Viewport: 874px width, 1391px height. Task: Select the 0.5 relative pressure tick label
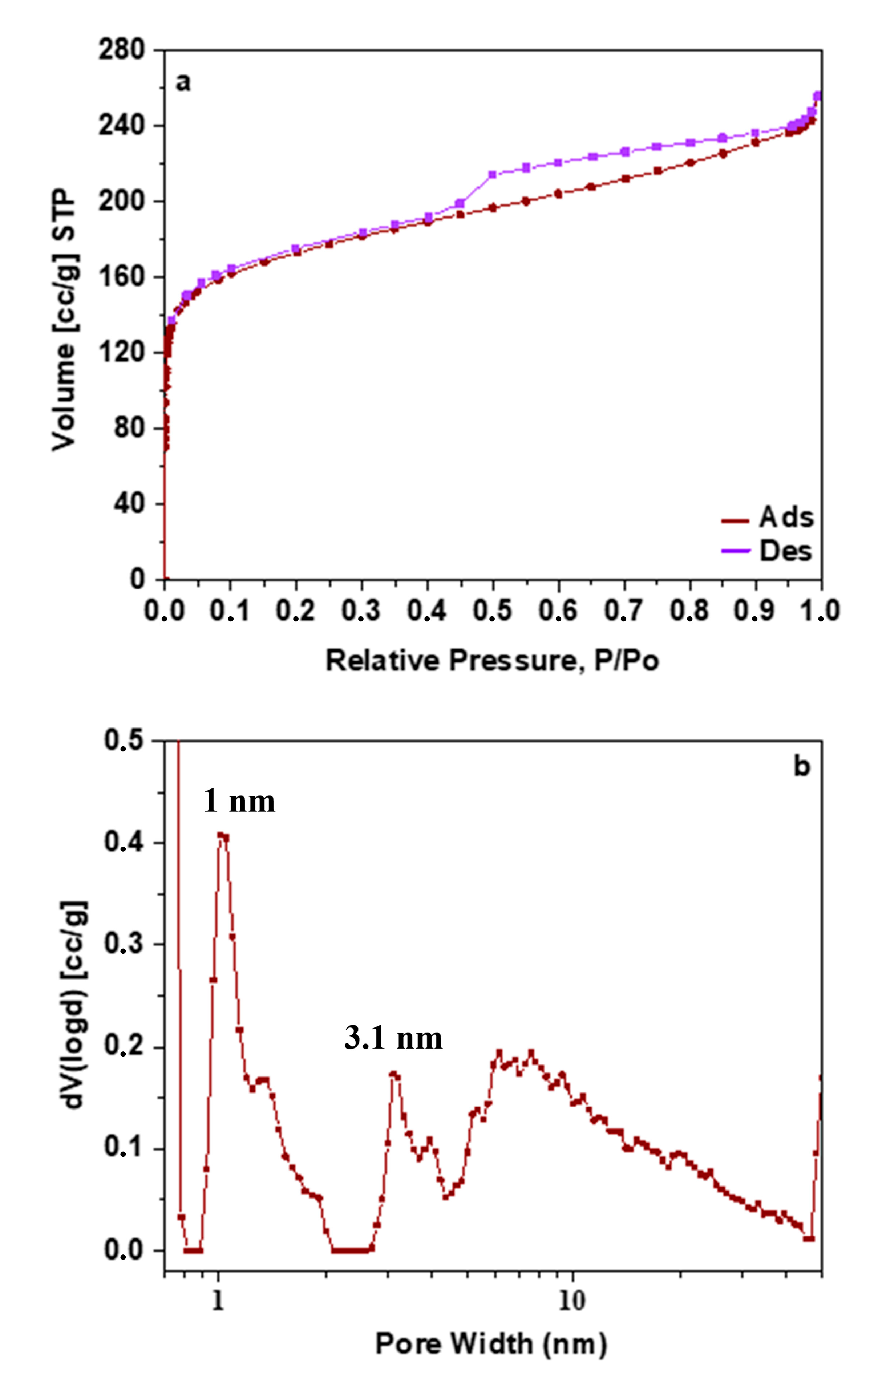[491, 611]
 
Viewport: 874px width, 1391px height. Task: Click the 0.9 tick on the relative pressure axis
[754, 611]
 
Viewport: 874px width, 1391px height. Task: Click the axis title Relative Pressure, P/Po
[492, 660]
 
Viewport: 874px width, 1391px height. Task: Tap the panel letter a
[183, 82]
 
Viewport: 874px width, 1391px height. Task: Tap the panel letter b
[802, 767]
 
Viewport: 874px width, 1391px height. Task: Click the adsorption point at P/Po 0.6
[558, 194]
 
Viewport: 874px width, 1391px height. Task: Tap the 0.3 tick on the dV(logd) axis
[123, 944]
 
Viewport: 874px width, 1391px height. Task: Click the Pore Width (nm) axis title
[491, 1344]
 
